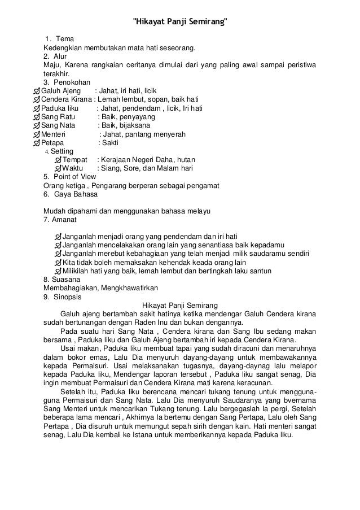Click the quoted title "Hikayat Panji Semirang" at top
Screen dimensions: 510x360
(180, 23)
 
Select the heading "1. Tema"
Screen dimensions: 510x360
(56, 38)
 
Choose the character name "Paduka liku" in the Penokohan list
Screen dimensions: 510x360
(63, 108)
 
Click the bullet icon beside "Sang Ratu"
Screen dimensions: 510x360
(38, 117)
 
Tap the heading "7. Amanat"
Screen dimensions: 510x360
(59, 220)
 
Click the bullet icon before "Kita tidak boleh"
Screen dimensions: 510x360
(58, 263)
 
